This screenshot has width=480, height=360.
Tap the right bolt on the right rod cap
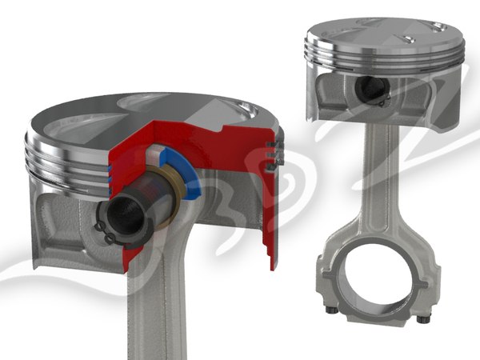[422, 319]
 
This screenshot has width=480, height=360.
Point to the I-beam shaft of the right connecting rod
[380, 184]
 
